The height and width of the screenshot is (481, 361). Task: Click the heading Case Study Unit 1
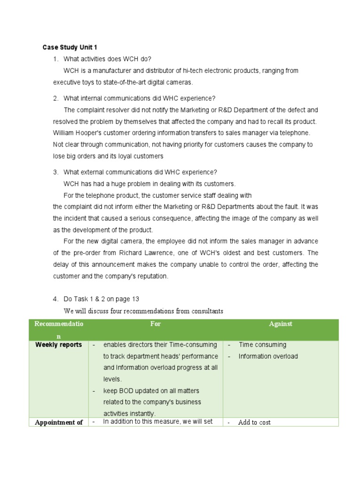[70, 47]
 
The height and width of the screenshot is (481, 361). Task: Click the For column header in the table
[155, 324]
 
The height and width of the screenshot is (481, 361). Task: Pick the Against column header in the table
[281, 324]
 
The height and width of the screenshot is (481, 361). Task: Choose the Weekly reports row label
[59, 345]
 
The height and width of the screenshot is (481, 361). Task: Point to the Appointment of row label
[59, 422]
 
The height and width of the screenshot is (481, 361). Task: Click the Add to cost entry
[254, 422]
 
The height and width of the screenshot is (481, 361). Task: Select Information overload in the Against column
[268, 356]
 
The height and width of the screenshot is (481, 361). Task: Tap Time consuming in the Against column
[262, 345]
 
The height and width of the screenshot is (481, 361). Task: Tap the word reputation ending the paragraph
[151, 276]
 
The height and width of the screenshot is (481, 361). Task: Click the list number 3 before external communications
[55, 172]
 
